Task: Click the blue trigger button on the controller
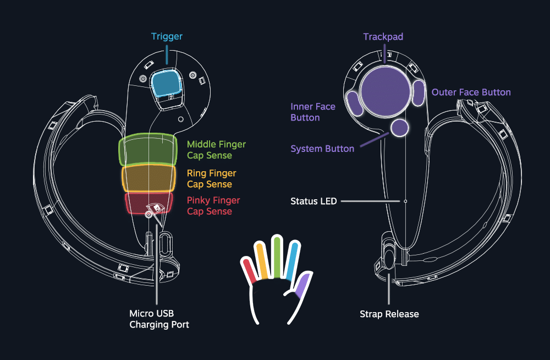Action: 167,83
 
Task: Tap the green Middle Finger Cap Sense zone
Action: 148,150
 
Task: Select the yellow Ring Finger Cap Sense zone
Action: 148,178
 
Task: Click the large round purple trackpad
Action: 386,89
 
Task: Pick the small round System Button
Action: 400,128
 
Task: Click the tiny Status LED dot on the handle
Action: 405,201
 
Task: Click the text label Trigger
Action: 167,37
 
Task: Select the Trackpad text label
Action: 383,37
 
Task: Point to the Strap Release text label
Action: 389,314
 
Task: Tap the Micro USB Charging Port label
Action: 159,319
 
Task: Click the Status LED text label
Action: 313,201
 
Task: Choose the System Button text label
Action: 322,149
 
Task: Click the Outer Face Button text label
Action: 471,92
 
